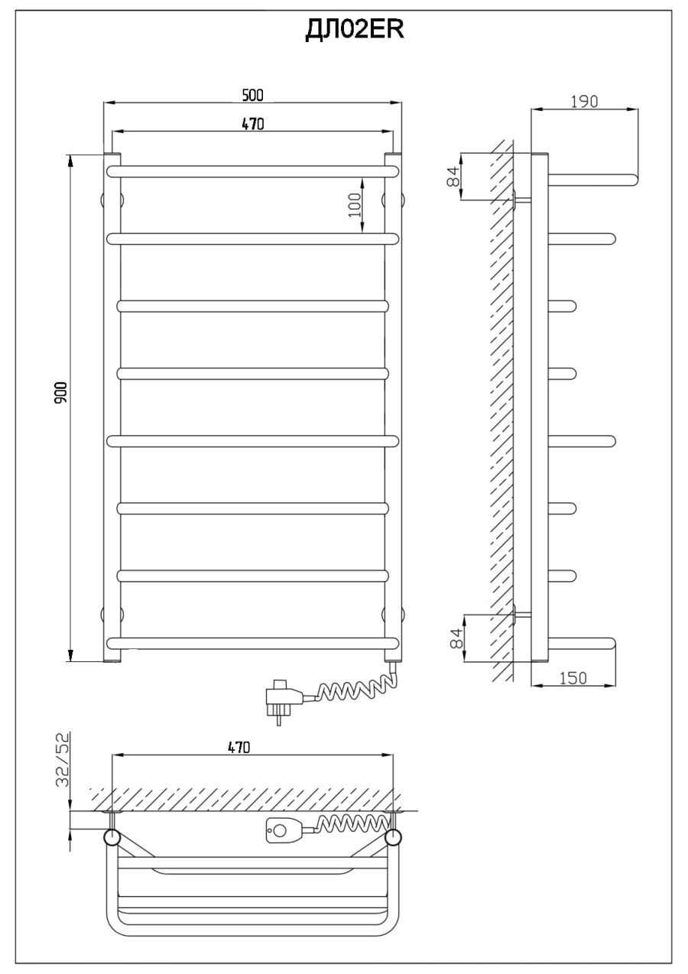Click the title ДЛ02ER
[355, 30]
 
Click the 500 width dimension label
[253, 96]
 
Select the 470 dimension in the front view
[253, 124]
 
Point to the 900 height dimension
[61, 391]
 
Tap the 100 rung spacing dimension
[355, 205]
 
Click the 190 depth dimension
[584, 102]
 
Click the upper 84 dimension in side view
[453, 176]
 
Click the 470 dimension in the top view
[239, 747]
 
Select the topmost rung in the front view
[253, 171]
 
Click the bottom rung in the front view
[253, 644]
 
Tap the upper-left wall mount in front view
[112, 200]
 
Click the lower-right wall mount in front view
[393, 615]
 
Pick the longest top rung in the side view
[594, 179]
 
